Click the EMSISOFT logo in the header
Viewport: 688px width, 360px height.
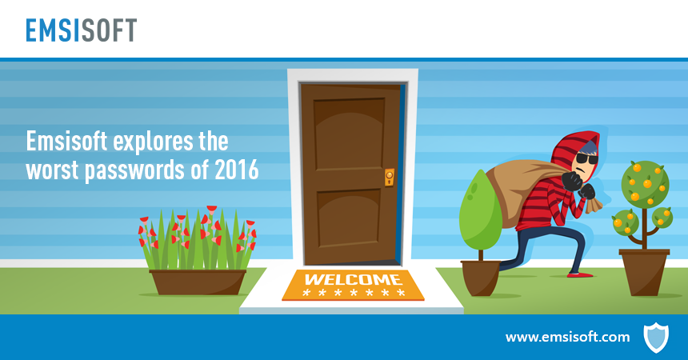point(81,30)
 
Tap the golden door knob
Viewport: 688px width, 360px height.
point(389,178)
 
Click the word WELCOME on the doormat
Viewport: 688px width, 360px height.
point(353,279)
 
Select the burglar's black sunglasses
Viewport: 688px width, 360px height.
point(586,158)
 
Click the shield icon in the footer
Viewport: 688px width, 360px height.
point(656,337)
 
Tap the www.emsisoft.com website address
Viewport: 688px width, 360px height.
point(567,337)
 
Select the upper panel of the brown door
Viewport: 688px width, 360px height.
point(350,134)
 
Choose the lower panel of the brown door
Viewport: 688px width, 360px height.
point(350,218)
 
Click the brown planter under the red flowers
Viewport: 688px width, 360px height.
point(198,282)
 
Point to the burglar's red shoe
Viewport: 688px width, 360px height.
point(580,275)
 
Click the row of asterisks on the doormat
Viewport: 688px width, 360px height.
point(354,293)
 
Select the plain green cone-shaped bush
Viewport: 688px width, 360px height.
point(481,210)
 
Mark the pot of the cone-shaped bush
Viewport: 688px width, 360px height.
point(481,278)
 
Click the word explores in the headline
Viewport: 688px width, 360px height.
point(154,142)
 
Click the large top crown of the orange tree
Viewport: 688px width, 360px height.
point(645,182)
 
